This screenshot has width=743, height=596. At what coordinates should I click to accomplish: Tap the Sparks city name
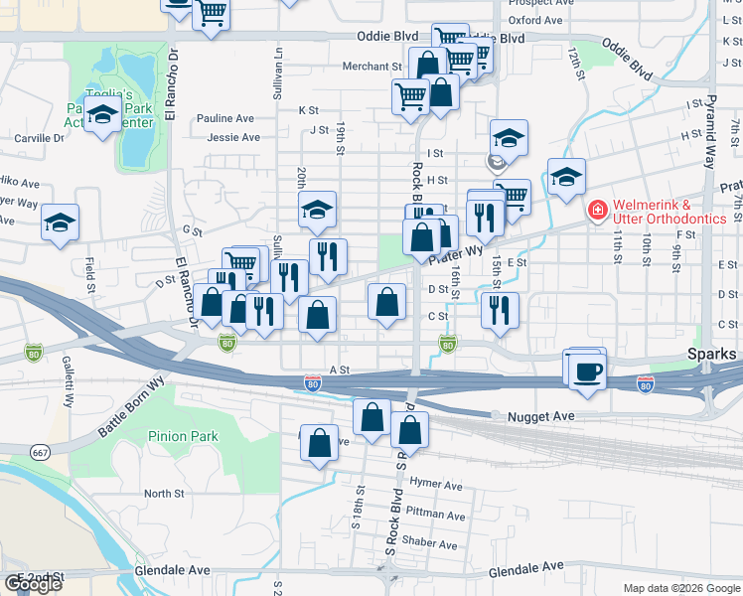click(713, 355)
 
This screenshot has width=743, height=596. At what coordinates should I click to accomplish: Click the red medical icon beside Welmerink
click(597, 210)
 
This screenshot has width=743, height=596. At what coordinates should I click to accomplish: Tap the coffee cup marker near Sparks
click(586, 370)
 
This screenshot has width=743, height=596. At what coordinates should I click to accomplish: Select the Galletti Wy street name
click(69, 382)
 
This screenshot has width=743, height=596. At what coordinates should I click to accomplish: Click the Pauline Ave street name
click(227, 118)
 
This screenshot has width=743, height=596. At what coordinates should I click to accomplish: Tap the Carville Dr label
click(39, 138)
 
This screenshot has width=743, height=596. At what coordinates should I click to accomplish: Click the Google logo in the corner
click(33, 584)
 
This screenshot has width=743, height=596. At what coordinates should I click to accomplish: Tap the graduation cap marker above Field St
click(60, 223)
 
